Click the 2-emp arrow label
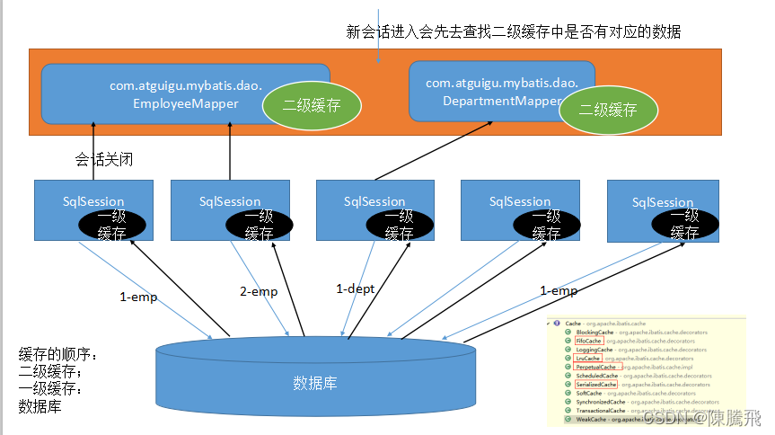(x=259, y=291)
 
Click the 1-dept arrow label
(x=355, y=289)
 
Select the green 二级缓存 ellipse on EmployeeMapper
(x=311, y=105)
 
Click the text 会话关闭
(x=104, y=160)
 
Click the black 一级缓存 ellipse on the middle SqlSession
(x=399, y=225)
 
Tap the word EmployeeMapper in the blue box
(x=186, y=103)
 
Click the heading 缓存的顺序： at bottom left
(x=57, y=354)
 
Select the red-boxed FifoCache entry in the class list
(x=589, y=341)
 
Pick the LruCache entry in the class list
(x=588, y=359)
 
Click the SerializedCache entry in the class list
(x=595, y=385)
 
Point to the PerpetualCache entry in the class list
(x=595, y=367)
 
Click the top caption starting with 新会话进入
(x=514, y=32)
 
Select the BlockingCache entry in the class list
(x=595, y=332)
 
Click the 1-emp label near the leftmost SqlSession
(x=138, y=297)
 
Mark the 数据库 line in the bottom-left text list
(x=40, y=406)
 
